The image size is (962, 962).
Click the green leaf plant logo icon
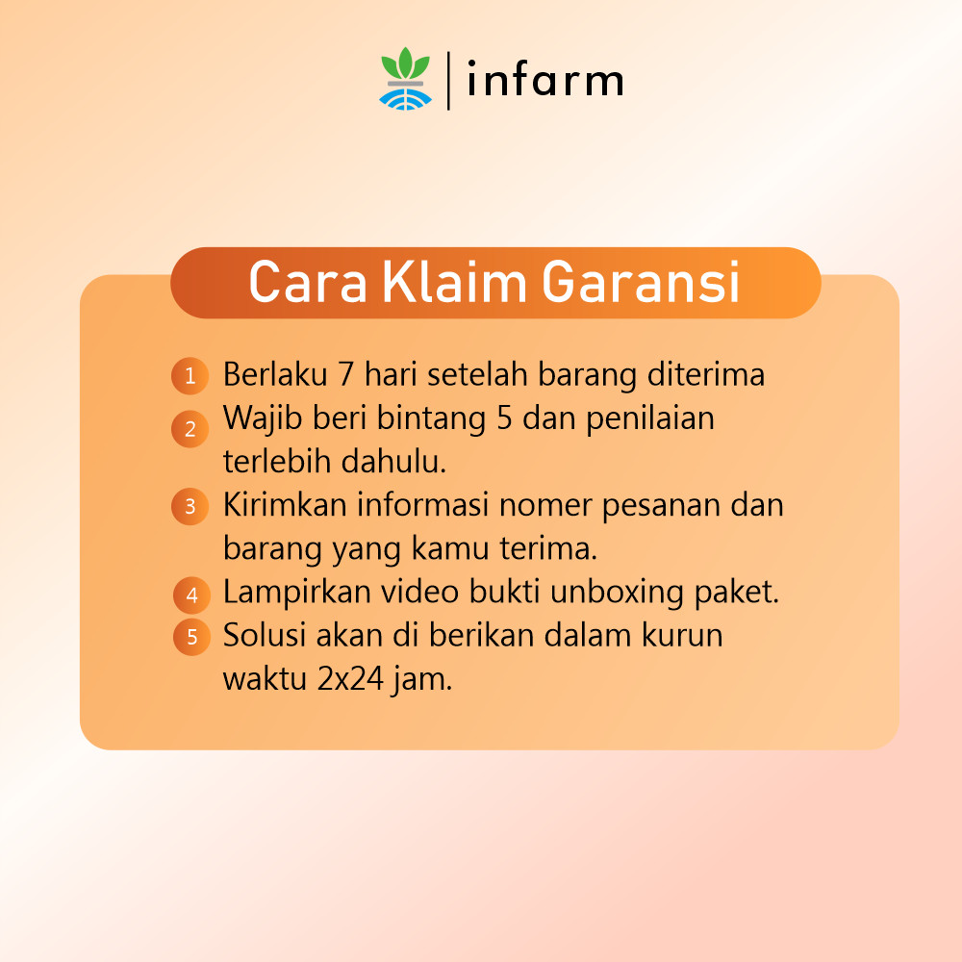point(406,79)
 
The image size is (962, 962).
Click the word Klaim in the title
point(455,282)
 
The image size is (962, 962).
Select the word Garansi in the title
point(641,282)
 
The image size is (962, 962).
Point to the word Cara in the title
point(308,282)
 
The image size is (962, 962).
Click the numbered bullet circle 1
point(190,375)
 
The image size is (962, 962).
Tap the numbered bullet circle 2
point(190,429)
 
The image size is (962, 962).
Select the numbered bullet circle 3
point(190,506)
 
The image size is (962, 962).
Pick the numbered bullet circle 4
point(191,595)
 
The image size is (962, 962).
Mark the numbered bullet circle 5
point(191,637)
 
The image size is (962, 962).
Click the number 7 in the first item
point(346,374)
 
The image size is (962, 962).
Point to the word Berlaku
point(275,373)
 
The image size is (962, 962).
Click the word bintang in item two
point(431,419)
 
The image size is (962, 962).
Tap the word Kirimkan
point(285,504)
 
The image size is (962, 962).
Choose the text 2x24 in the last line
point(350,679)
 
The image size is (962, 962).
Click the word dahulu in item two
point(393,461)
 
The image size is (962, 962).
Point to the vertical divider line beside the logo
point(448,81)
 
